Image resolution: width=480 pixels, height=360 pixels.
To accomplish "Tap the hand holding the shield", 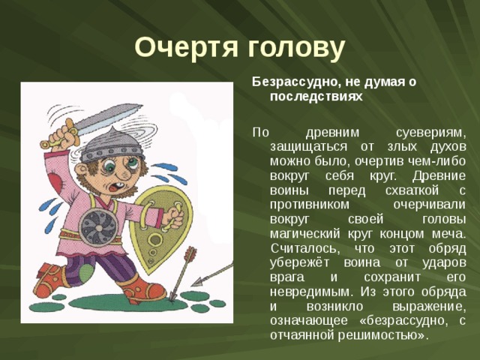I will click(174, 217).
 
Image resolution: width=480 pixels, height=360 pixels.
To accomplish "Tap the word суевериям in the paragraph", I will click(426, 130).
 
